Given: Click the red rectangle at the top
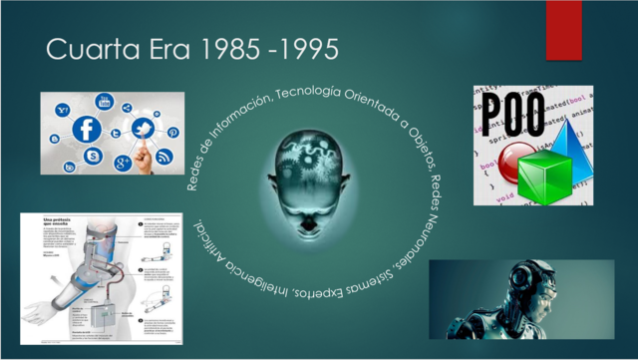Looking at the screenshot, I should (x=563, y=29).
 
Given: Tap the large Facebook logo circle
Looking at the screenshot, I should (x=88, y=129).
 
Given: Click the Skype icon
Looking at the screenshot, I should (x=93, y=157).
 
